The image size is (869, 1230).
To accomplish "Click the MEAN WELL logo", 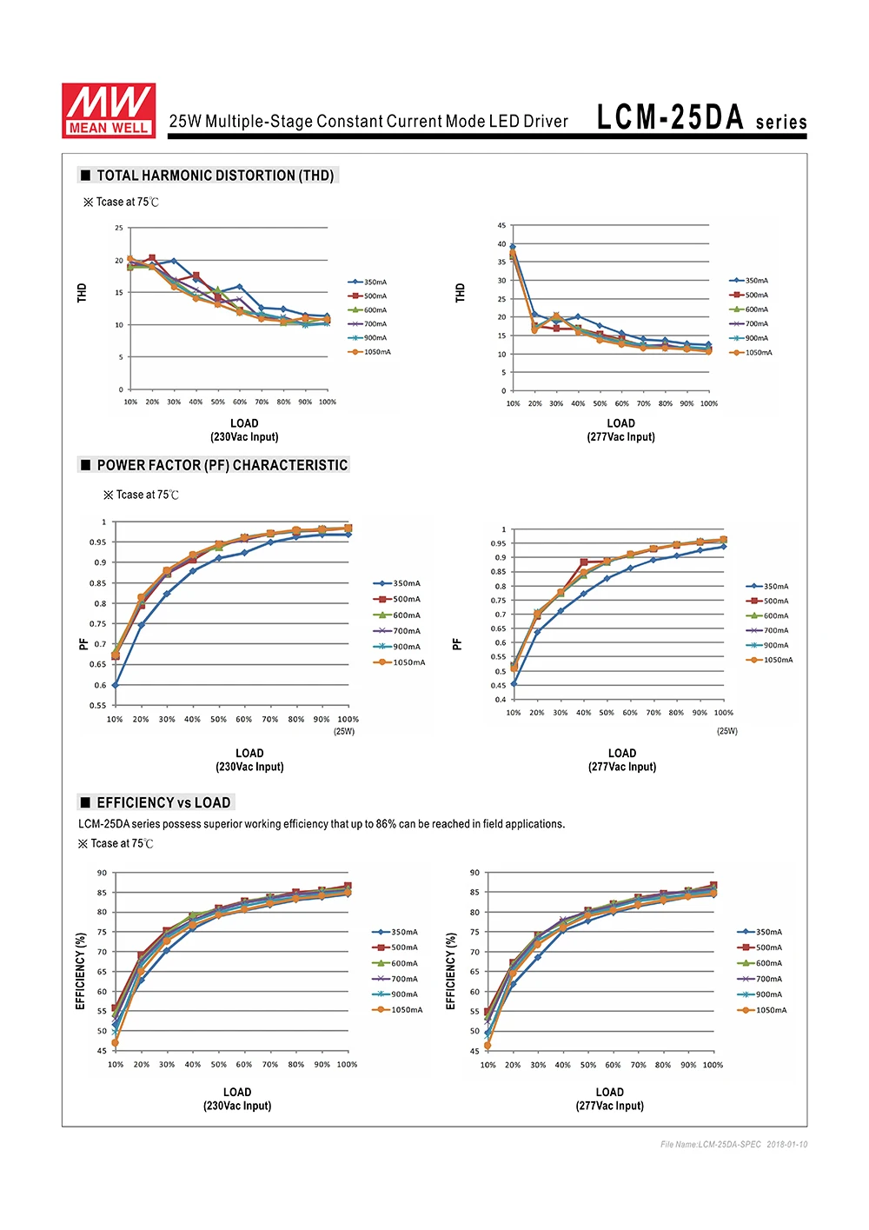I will (x=109, y=110).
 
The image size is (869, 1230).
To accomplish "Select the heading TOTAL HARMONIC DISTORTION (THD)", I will (x=215, y=176).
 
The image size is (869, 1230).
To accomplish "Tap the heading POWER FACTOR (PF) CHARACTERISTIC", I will (x=222, y=465).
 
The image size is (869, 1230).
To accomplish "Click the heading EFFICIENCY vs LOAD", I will (x=163, y=802).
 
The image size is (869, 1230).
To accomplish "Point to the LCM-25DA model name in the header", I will (x=670, y=117).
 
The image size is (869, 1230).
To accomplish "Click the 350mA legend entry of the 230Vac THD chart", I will (x=368, y=283).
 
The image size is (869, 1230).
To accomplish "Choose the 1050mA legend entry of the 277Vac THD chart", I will (x=751, y=353).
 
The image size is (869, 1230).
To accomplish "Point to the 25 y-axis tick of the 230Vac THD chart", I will (x=119, y=228).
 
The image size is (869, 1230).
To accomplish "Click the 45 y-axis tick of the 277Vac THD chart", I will (x=501, y=226).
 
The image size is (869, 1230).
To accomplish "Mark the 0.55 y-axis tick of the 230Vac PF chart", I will (x=98, y=705).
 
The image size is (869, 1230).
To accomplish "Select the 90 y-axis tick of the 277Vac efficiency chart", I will (x=474, y=873).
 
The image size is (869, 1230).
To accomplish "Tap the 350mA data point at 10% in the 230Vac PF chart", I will (x=115, y=685).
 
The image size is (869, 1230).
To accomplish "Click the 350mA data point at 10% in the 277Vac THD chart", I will (x=513, y=247).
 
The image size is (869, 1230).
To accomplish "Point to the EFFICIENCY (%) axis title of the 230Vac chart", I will (x=81, y=971).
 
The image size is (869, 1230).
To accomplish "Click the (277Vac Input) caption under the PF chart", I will (x=622, y=767).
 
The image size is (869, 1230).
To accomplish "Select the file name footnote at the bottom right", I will (x=733, y=1144).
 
